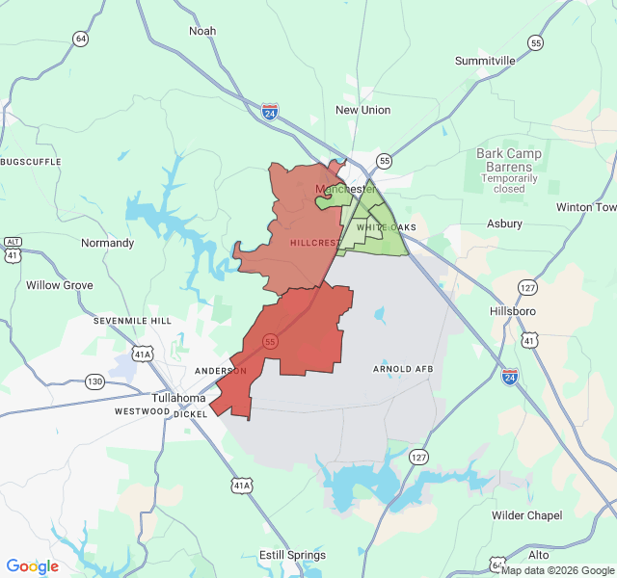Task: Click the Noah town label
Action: [202, 31]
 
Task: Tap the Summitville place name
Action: [485, 61]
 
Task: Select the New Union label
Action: [362, 110]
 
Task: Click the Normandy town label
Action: [107, 243]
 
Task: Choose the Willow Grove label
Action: [59, 285]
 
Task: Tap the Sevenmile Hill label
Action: [132, 320]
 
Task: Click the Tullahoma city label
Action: [178, 398]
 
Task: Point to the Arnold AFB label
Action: [403, 369]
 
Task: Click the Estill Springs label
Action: [292, 555]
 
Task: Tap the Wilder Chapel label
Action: [527, 515]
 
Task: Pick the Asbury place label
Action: [504, 223]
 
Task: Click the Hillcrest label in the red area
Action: [313, 243]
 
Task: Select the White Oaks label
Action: [386, 227]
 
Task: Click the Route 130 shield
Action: [94, 381]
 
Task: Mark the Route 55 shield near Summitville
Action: [535, 42]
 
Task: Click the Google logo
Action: [32, 566]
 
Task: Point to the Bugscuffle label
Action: [32, 159]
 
